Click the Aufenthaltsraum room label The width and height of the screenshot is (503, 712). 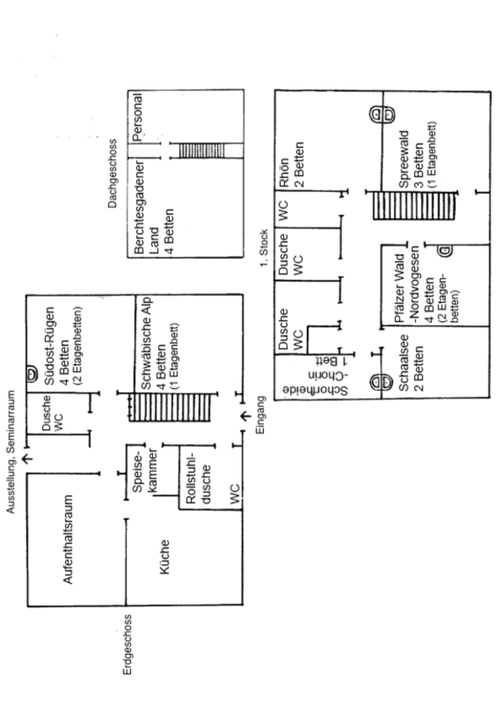click(68, 539)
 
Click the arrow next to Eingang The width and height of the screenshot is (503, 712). click(246, 416)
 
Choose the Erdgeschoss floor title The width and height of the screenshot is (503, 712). click(127, 645)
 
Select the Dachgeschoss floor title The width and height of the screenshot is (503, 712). click(113, 173)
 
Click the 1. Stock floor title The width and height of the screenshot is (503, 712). click(264, 247)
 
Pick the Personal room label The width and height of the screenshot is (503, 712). click(137, 117)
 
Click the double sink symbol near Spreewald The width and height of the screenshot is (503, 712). click(382, 114)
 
